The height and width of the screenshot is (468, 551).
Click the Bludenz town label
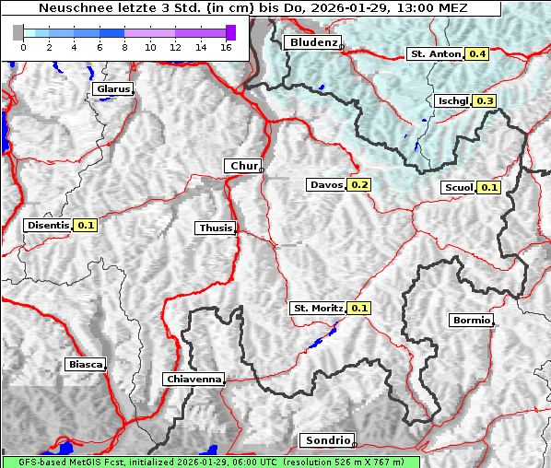pos(312,42)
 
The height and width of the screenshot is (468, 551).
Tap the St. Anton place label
pos(433,54)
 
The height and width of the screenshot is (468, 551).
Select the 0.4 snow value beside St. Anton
pos(477,54)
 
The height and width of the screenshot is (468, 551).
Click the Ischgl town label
pos(453,100)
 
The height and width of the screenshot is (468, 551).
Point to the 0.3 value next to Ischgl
pos(486,100)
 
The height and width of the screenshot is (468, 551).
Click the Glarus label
pos(112,89)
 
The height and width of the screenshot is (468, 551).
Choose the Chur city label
pos(243,166)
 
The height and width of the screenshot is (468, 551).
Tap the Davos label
pos(326,185)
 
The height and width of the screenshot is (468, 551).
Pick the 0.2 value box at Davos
pos(359,185)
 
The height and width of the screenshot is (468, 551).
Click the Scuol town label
pos(458,188)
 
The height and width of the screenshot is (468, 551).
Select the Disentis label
pos(48,225)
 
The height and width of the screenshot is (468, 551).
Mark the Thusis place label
pos(216,228)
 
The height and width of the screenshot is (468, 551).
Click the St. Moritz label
pos(317,308)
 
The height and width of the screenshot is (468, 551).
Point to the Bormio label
pos(470,321)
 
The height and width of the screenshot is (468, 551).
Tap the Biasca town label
pos(85,364)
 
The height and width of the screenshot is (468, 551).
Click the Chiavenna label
pos(193,379)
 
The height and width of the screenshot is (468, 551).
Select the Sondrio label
pos(326,440)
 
